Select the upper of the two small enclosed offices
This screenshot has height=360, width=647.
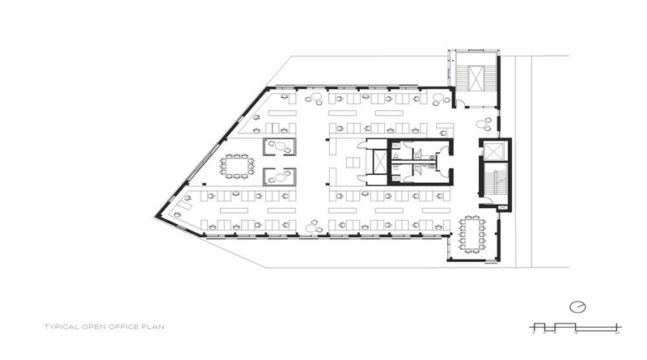tap(278, 147)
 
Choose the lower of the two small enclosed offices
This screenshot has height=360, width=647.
tap(278, 176)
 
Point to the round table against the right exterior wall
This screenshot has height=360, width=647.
tap(485, 125)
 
